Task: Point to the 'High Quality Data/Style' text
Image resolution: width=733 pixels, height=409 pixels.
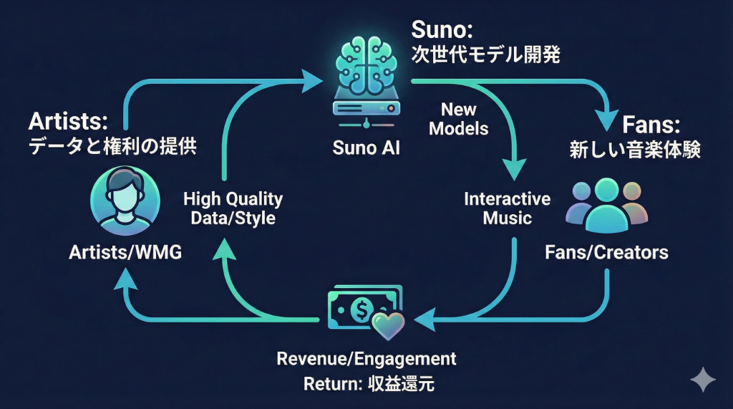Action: [233, 208]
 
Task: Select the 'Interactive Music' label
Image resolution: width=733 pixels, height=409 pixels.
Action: [507, 208]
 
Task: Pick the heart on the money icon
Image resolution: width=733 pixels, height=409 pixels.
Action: [389, 325]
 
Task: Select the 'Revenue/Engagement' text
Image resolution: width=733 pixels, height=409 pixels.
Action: [366, 357]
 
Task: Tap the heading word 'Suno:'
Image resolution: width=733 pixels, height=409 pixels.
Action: [442, 30]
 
